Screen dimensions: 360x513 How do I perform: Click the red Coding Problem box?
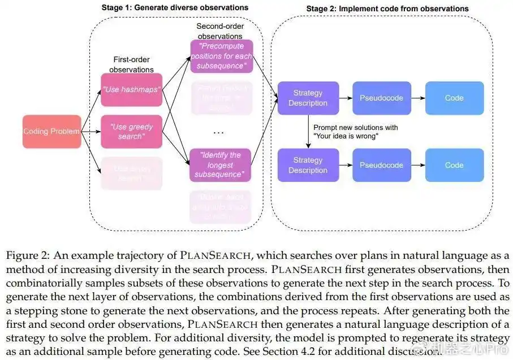pos(51,132)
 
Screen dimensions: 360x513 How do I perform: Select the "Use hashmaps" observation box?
pos(131,90)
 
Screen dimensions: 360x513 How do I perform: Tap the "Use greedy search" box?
pos(131,132)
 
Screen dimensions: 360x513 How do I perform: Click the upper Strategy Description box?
pos(308,98)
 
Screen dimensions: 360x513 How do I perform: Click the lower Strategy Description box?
pos(308,165)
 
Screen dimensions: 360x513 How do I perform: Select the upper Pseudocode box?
pos(381,98)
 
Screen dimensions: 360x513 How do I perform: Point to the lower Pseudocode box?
pos(381,165)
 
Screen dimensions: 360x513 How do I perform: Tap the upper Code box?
pos(454,98)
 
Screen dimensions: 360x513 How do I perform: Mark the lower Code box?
pos(454,165)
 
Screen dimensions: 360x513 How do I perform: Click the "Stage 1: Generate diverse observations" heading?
pos(175,8)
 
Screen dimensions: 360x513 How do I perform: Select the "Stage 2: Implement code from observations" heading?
pos(387,8)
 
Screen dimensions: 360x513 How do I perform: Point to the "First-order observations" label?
pos(131,65)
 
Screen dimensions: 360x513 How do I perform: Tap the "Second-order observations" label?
pos(219,32)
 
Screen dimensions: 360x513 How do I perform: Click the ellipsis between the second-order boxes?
pos(219,132)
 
